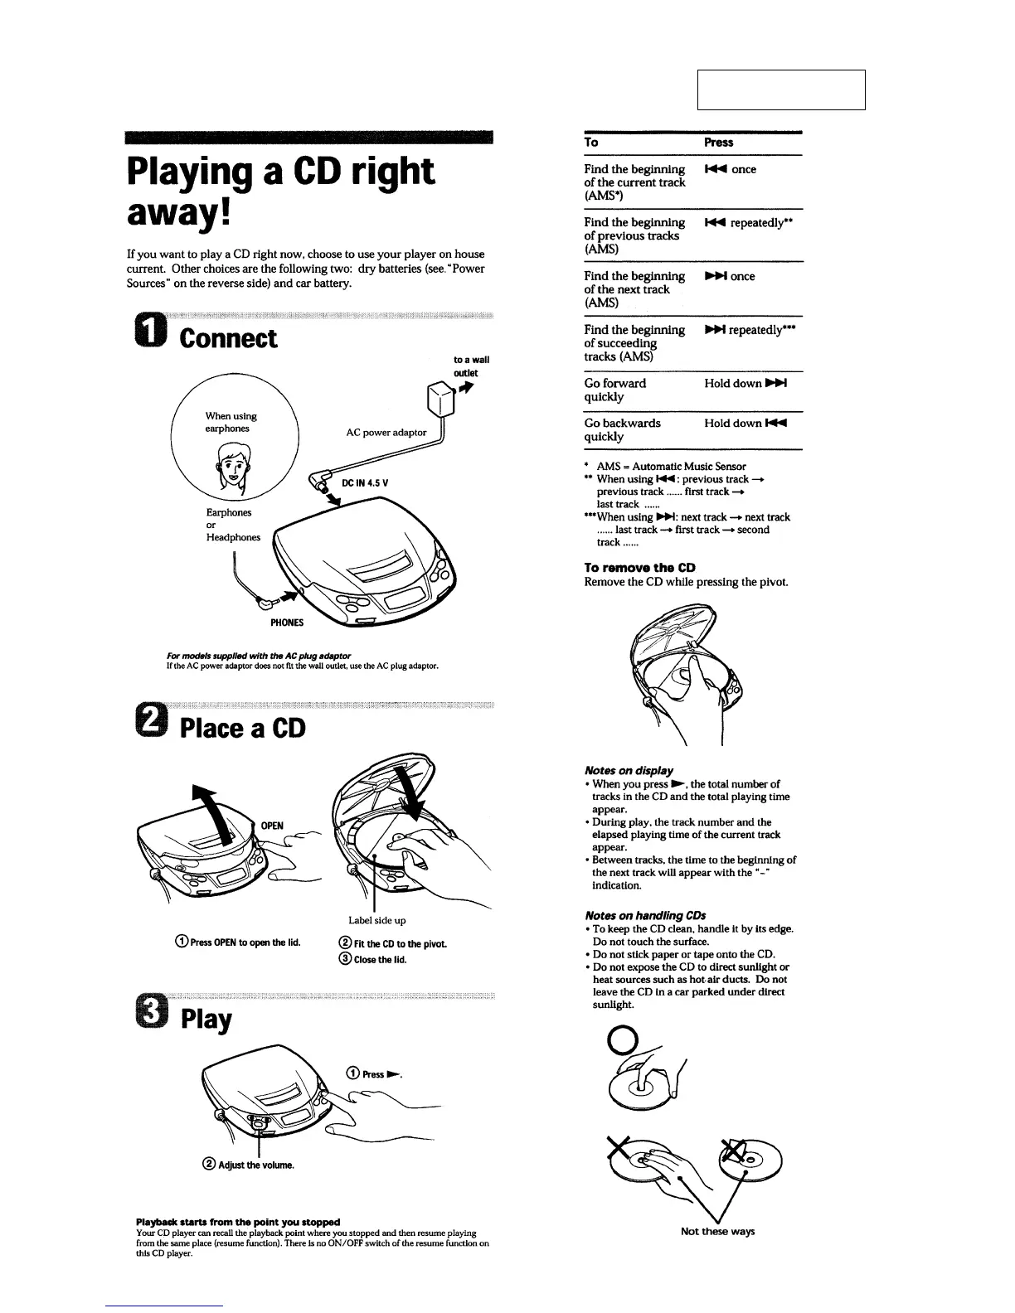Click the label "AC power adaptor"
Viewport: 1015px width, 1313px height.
386,432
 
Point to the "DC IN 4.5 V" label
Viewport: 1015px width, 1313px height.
365,483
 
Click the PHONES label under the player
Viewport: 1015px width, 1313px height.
287,623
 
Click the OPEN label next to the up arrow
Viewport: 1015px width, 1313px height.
272,826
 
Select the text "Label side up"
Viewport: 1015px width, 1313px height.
377,920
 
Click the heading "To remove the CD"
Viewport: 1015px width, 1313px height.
639,568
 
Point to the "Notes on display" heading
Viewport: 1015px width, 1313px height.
629,771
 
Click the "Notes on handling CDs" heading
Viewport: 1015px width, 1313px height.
644,916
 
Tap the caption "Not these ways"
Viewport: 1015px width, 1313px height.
717,1232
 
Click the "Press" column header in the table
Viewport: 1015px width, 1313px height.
718,143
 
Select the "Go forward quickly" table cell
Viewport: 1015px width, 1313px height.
614,390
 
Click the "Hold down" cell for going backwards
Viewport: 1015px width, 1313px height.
745,424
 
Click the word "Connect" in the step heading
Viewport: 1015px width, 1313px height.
228,338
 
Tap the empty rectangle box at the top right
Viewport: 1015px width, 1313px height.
781,90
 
